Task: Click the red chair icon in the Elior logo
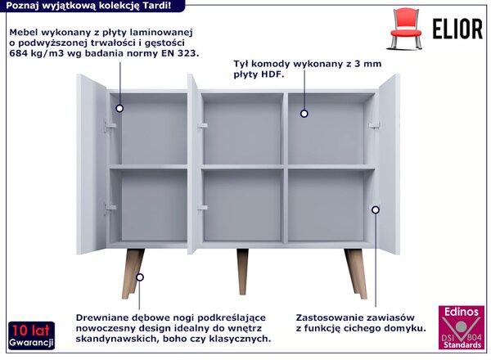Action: pyautogui.click(x=406, y=29)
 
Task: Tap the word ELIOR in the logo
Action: pyautogui.click(x=457, y=29)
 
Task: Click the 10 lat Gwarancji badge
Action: pyautogui.click(x=31, y=335)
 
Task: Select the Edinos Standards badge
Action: pyautogui.click(x=462, y=327)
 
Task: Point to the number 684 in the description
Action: pyautogui.click(x=18, y=53)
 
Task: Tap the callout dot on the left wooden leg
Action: pyautogui.click(x=140, y=277)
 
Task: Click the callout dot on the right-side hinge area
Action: pyautogui.click(x=376, y=209)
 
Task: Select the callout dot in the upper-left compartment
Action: pyautogui.click(x=119, y=108)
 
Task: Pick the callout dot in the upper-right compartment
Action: pyautogui.click(x=304, y=114)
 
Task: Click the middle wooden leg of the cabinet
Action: pyautogui.click(x=242, y=272)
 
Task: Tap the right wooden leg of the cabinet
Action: pyautogui.click(x=356, y=273)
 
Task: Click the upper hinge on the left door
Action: pyautogui.click(x=110, y=125)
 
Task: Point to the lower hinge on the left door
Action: pyautogui.click(x=110, y=208)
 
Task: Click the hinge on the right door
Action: pyautogui.click(x=374, y=125)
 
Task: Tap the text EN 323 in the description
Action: pyautogui.click(x=180, y=53)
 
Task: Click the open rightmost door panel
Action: pyautogui.click(x=389, y=164)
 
